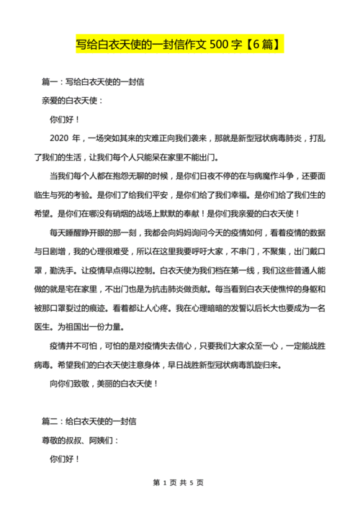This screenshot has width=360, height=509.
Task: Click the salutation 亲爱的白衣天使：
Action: coord(73,101)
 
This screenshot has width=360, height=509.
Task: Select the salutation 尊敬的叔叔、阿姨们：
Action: coord(81,439)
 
